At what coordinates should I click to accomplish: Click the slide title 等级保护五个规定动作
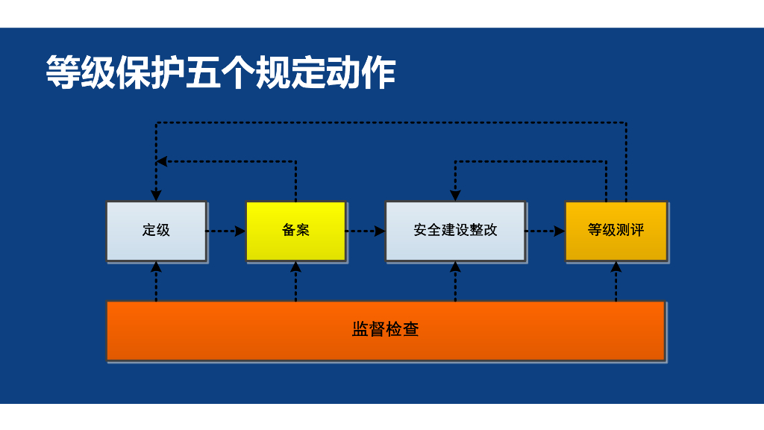click(x=221, y=73)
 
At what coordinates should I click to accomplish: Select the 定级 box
click(x=156, y=230)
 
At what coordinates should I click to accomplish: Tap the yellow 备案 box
click(x=295, y=230)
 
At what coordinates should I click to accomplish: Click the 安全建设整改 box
click(x=455, y=230)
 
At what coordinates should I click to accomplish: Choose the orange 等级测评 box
click(x=616, y=230)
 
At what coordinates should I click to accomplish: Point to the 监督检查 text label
click(x=385, y=329)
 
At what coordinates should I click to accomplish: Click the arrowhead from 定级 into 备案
click(x=240, y=231)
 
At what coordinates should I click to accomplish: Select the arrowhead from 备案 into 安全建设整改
click(x=380, y=231)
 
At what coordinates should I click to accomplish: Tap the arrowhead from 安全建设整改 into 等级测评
click(x=560, y=231)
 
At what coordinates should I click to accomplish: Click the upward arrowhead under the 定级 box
click(x=156, y=267)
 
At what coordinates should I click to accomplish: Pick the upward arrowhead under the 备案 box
click(x=295, y=267)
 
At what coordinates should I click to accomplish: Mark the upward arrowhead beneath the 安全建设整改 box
click(x=455, y=267)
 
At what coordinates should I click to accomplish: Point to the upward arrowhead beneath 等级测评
click(x=616, y=267)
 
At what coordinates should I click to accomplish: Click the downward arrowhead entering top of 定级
click(x=156, y=196)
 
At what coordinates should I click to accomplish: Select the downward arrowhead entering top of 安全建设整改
click(x=455, y=196)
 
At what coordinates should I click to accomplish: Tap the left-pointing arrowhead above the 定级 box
click(x=162, y=161)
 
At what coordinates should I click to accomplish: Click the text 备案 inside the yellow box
click(x=295, y=230)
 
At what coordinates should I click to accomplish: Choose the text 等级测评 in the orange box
click(x=616, y=230)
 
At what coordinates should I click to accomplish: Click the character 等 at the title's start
click(x=63, y=73)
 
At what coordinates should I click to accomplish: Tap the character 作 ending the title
click(x=378, y=73)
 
